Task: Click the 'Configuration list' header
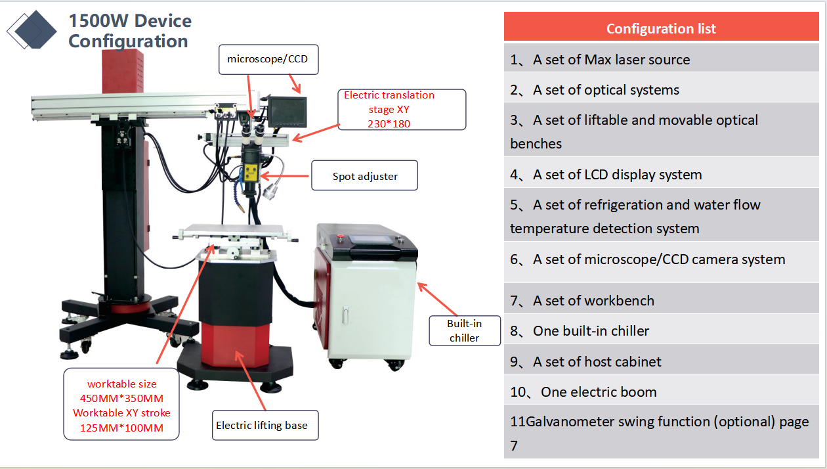click(661, 28)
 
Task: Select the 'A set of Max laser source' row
click(661, 60)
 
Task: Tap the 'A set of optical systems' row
click(661, 90)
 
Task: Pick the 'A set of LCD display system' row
click(661, 175)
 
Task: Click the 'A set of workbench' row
click(661, 301)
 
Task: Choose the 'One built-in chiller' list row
click(661, 331)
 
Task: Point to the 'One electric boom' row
click(661, 392)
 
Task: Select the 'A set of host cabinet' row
click(661, 361)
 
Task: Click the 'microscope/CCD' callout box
click(267, 59)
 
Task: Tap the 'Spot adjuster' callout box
click(364, 176)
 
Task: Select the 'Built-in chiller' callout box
click(464, 330)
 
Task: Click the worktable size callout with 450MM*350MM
click(121, 405)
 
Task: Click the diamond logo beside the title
click(32, 30)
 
